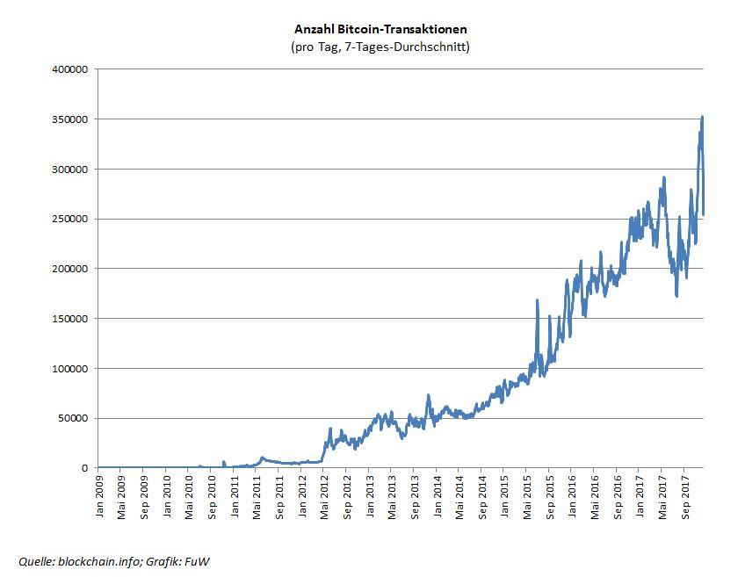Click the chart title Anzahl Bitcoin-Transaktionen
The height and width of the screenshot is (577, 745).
[380, 29]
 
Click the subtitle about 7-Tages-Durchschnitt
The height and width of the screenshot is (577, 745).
[380, 47]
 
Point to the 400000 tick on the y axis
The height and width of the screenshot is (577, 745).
[72, 69]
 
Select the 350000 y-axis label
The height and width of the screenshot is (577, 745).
[72, 119]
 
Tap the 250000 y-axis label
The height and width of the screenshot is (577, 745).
[72, 219]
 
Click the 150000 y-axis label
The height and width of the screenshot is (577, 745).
[72, 319]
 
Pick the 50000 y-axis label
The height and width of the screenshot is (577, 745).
[75, 418]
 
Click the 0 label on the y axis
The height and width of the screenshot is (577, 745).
[86, 468]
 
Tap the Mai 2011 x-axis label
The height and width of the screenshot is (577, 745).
[257, 497]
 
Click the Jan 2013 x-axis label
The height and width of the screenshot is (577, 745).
[369, 497]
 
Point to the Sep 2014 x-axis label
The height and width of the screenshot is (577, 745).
[482, 497]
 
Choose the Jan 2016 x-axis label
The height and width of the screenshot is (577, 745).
[572, 497]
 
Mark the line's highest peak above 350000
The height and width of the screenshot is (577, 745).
[702, 117]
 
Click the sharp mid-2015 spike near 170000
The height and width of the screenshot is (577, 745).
[537, 300]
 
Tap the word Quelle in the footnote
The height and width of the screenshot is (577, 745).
[36, 561]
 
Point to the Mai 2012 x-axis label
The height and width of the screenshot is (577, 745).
[324, 497]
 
